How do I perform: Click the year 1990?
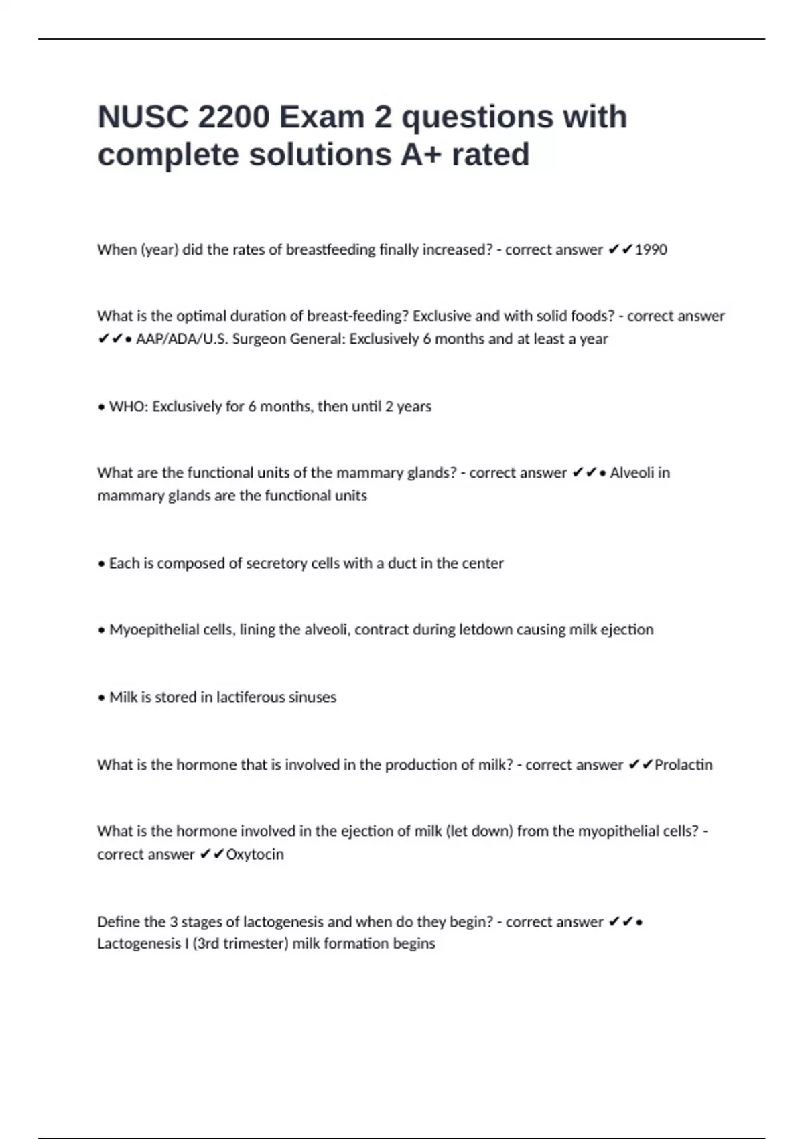651,250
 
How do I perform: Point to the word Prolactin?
683,765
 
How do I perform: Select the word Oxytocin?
255,854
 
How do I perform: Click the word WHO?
127,407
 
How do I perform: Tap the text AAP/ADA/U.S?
182,339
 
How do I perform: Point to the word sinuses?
317,697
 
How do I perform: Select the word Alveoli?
632,473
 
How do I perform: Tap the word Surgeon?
259,339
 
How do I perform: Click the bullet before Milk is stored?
101,698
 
